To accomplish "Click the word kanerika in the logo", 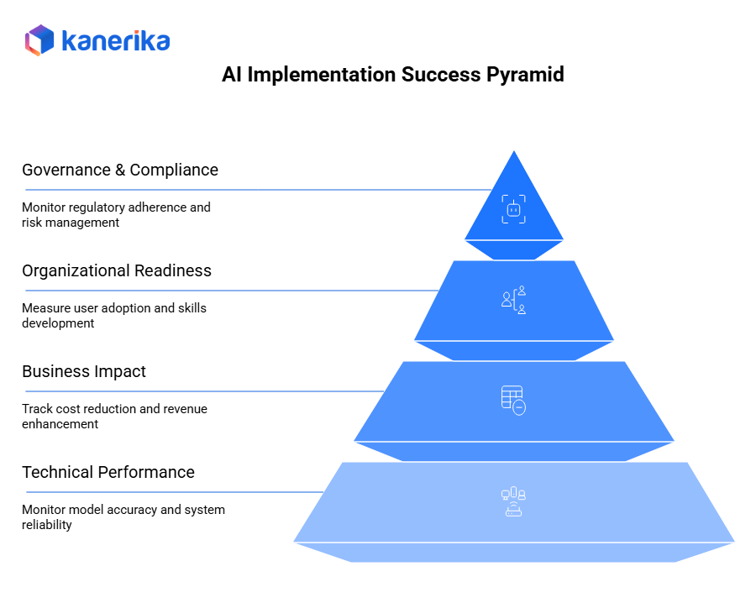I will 115,41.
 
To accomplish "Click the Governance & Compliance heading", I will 120,170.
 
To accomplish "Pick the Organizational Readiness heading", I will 117,270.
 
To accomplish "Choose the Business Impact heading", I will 84,371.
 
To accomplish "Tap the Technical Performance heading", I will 108,472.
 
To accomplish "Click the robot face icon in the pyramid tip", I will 514,209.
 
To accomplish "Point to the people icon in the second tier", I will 513,300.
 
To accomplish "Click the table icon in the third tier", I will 513,400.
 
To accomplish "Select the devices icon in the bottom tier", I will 513,501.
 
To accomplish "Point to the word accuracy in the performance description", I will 127,510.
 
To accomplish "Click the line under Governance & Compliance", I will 252,190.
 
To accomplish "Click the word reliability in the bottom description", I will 46,525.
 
